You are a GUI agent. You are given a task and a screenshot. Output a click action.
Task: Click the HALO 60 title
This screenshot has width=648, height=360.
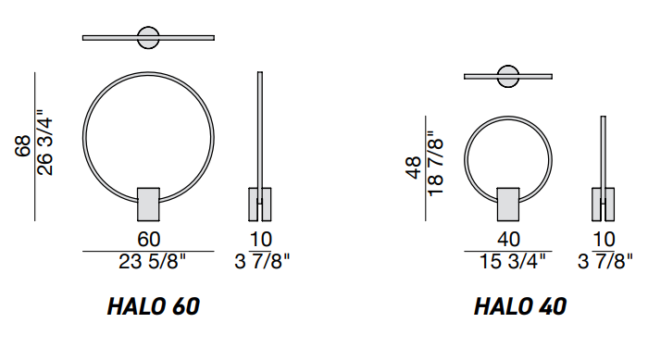[x=154, y=306]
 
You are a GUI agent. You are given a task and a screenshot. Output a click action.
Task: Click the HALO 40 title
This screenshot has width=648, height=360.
[x=520, y=306]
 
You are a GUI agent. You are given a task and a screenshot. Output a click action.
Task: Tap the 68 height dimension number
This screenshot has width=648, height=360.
[x=23, y=146]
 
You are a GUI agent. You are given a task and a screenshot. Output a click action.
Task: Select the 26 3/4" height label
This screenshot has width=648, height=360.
[x=44, y=143]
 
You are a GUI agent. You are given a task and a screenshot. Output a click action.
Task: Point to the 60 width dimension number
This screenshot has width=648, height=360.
[x=149, y=240]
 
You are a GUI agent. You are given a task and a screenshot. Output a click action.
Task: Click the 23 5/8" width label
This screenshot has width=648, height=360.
[x=152, y=261]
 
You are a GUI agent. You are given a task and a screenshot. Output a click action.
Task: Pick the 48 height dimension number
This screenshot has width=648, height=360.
[x=414, y=168]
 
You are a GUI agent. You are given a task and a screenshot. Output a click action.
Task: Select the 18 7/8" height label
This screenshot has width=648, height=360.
[x=436, y=163]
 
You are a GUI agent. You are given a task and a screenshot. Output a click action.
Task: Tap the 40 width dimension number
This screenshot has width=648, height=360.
[x=508, y=240]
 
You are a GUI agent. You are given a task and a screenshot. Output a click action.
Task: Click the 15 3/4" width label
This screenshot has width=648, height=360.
[x=513, y=261]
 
